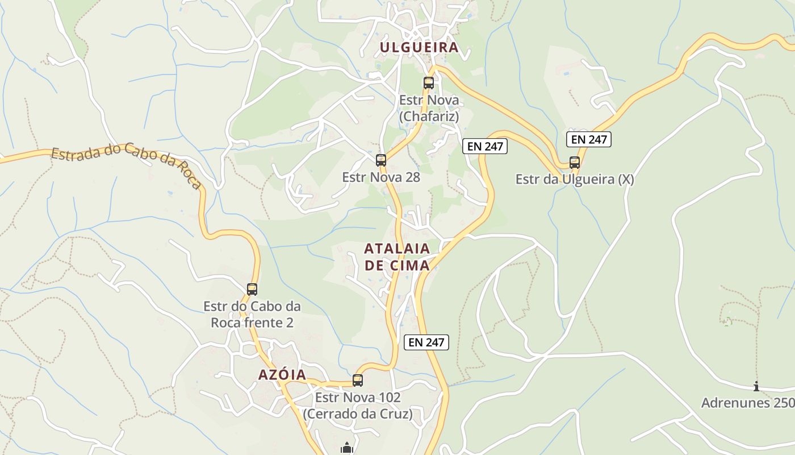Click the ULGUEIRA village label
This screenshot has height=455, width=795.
[419, 47]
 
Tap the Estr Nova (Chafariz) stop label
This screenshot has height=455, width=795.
[429, 108]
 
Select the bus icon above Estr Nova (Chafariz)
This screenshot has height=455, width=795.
[429, 83]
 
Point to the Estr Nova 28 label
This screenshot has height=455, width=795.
[381, 177]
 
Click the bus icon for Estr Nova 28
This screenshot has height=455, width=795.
[381, 160]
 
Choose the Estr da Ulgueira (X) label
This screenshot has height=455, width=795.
[575, 180]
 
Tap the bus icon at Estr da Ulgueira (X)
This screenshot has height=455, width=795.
[575, 163]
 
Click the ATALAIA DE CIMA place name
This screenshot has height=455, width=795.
[397, 257]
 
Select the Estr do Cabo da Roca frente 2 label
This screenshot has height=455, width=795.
[252, 315]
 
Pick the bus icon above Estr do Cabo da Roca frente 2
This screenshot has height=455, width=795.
[252, 289]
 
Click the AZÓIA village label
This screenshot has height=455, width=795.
[282, 375]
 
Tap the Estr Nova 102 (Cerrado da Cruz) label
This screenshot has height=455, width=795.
[358, 406]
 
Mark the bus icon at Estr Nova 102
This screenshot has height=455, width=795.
[358, 380]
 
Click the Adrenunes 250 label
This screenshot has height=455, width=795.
[747, 403]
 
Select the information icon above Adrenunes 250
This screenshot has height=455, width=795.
[756, 387]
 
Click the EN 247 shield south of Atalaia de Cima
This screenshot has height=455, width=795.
[426, 342]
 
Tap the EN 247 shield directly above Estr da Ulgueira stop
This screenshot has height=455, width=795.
[588, 139]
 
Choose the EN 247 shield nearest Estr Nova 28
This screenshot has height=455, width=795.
[484, 146]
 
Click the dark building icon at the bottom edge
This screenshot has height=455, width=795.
[347, 449]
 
